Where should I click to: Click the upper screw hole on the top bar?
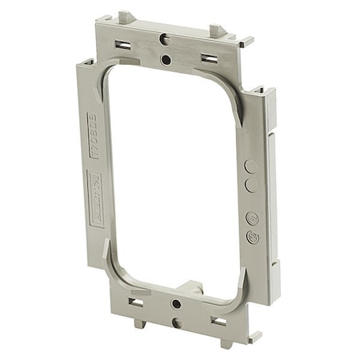pos(163,38)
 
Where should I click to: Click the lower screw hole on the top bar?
pos(166,59)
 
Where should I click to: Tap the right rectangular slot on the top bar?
pos(210,58)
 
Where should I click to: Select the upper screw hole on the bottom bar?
pos(175,305)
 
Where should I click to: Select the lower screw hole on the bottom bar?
pos(176,323)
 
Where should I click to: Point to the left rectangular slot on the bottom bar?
pos(135,303)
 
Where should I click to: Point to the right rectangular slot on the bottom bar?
pos(218,321)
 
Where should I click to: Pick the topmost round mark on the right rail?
pos(251,166)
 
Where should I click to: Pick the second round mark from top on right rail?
pos(251,185)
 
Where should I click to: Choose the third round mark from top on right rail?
pos(252,218)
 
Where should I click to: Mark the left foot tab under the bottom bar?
pos(140,323)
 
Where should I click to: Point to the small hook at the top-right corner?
pos(246,40)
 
